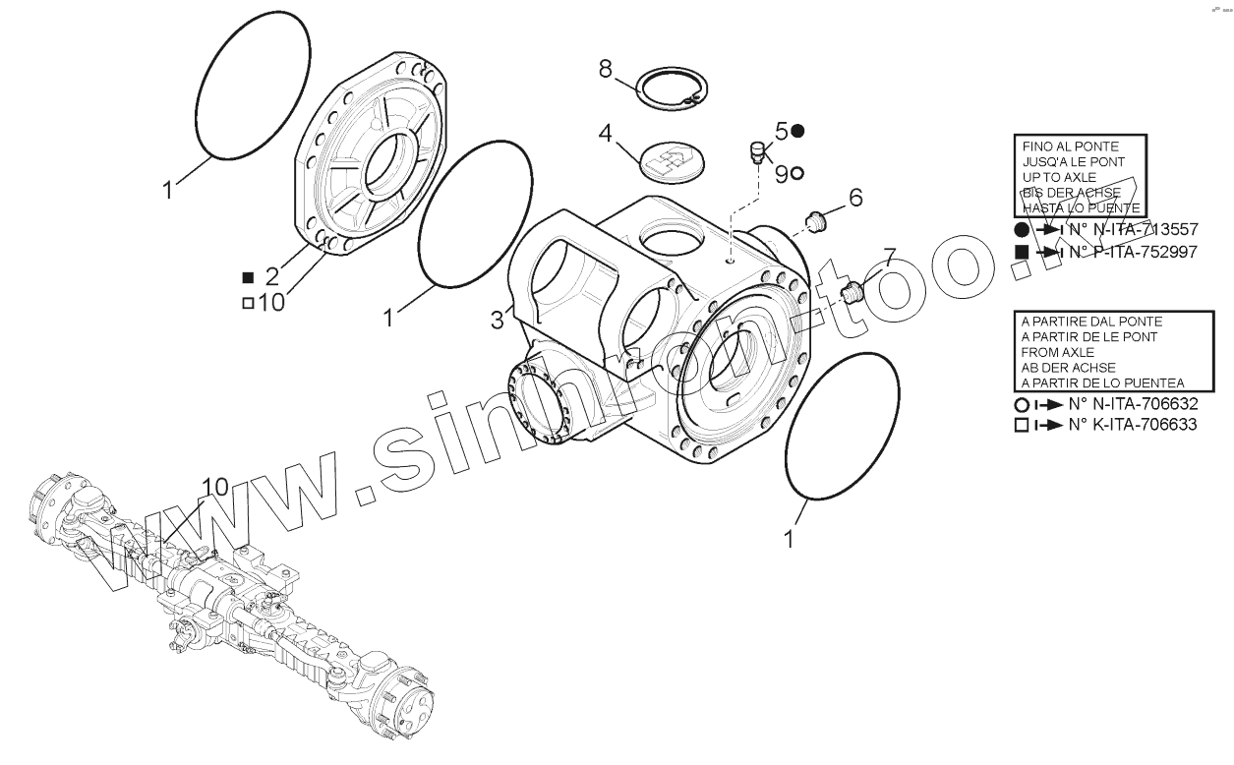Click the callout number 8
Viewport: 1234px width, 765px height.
coord(606,69)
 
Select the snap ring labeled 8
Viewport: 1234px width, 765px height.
coord(668,88)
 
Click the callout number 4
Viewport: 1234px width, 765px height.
coord(606,133)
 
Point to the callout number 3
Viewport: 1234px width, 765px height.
coord(498,319)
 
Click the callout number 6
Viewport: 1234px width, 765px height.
coord(855,198)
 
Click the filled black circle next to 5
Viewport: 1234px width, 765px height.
coord(798,130)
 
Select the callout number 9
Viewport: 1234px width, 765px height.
coord(781,173)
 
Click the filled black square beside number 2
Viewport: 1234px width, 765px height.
coord(248,277)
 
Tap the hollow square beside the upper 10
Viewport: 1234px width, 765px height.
coord(248,303)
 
